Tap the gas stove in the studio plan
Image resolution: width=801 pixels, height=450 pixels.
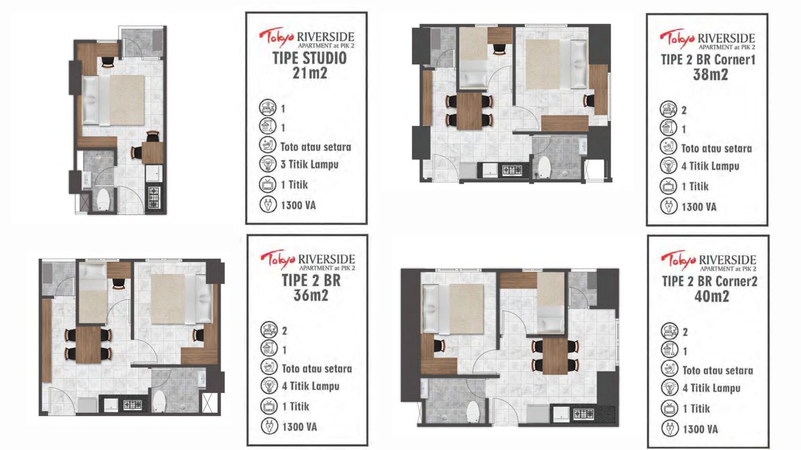click(x=154, y=198)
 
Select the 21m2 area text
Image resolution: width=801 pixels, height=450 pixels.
click(x=309, y=73)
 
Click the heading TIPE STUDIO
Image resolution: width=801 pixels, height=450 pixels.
click(x=309, y=58)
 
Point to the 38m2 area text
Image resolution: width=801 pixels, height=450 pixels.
click(x=710, y=75)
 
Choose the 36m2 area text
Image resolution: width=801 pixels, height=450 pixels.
click(x=311, y=295)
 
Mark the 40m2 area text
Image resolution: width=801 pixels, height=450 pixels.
click(x=711, y=296)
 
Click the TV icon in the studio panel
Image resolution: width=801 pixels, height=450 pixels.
click(x=268, y=184)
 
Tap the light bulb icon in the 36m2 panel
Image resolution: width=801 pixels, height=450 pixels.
click(x=269, y=386)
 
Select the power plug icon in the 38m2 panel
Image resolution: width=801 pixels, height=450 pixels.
click(x=668, y=206)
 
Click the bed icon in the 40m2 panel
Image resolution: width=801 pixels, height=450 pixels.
click(x=670, y=332)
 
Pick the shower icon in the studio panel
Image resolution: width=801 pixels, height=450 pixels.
click(x=268, y=127)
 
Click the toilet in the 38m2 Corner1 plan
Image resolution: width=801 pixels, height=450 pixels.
click(x=544, y=167)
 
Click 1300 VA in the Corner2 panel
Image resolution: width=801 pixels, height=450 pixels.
click(x=700, y=429)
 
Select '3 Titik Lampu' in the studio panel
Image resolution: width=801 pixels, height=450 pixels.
click(x=309, y=164)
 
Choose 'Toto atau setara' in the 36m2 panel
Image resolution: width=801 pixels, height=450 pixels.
click(x=317, y=368)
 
